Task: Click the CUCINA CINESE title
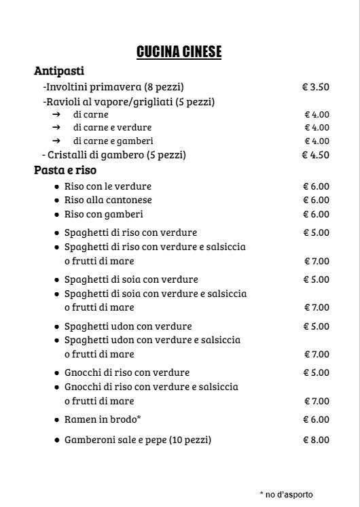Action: click(179, 52)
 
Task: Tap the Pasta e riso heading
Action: click(65, 170)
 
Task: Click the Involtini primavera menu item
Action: click(113, 87)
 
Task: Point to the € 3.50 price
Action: click(316, 87)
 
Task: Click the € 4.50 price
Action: click(316, 155)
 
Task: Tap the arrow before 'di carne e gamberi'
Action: click(57, 141)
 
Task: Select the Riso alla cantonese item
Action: click(108, 200)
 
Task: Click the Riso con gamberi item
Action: click(103, 214)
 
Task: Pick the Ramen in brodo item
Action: click(102, 419)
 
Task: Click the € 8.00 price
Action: click(316, 440)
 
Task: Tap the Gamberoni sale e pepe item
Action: click(137, 440)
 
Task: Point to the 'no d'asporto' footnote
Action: click(287, 494)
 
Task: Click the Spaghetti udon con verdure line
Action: click(128, 326)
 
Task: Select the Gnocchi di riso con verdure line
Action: click(126, 372)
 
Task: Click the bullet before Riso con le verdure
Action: click(57, 186)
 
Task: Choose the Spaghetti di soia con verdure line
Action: click(131, 279)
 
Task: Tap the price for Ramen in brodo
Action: click(316, 419)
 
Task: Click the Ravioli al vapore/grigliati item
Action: click(128, 102)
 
